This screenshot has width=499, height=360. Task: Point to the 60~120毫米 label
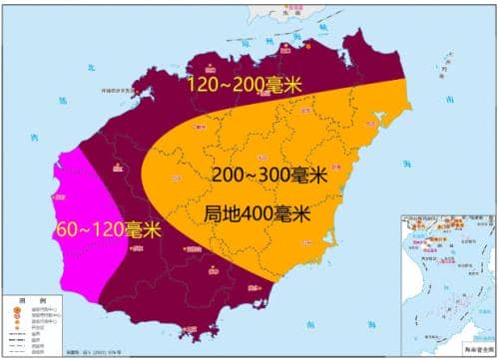pyautogui.click(x=109, y=228)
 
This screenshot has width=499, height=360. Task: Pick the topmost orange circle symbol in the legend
pyautogui.click(x=17, y=310)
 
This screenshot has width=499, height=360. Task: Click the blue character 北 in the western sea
pyautogui.click(x=88, y=68)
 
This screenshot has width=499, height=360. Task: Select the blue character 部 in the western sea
pyautogui.click(x=62, y=100)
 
